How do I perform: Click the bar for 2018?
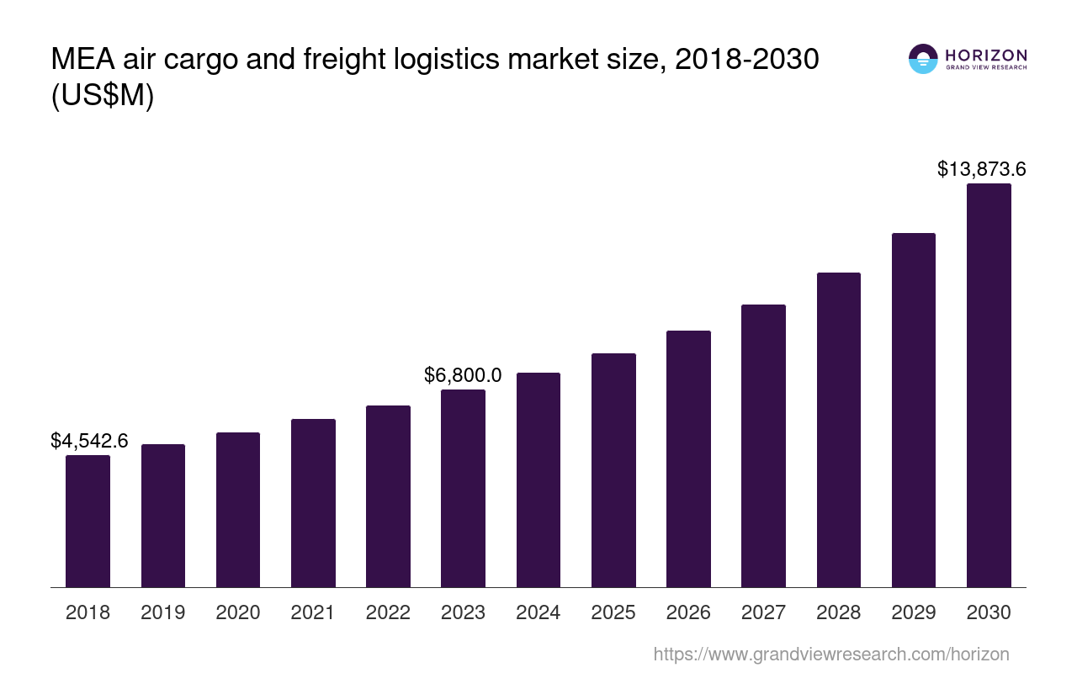(x=88, y=521)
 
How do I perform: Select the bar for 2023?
(x=463, y=488)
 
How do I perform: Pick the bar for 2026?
(x=688, y=458)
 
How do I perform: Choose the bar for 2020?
(x=238, y=510)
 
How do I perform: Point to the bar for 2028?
(x=838, y=430)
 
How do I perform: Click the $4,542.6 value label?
(x=89, y=441)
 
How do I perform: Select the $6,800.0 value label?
(x=463, y=375)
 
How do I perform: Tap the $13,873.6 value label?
(x=981, y=169)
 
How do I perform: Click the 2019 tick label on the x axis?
(x=163, y=612)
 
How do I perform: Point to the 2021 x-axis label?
(x=313, y=612)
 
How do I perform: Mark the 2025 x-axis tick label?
(x=613, y=612)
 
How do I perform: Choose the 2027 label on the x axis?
(x=763, y=612)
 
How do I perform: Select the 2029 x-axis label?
(x=914, y=612)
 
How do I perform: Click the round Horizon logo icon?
(x=923, y=59)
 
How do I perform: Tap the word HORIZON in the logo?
(x=986, y=55)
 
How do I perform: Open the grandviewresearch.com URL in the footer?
(x=830, y=654)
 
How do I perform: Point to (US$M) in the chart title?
(x=103, y=96)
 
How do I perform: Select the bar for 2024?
(x=538, y=480)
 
